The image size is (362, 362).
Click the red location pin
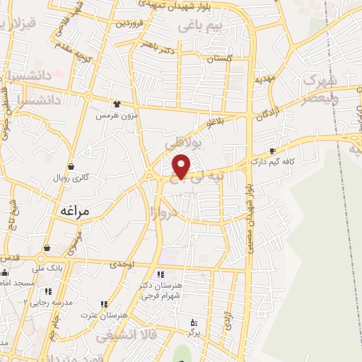click(182, 165)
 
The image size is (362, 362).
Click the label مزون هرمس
click(115, 115)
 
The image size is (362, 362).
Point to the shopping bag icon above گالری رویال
click(71, 167)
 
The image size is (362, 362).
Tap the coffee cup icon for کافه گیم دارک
click(273, 151)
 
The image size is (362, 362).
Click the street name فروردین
click(135, 23)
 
